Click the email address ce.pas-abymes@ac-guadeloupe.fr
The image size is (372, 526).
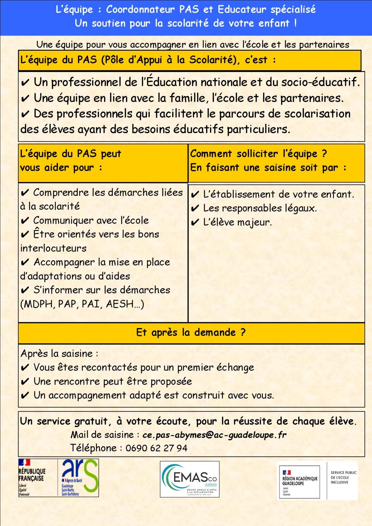[214, 435]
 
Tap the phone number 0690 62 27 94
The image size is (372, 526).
[156, 448]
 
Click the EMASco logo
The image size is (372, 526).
[190, 479]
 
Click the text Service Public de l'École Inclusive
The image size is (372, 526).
[343, 477]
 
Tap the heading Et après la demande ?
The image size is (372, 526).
[191, 333]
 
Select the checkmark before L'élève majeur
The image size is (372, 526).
[195, 223]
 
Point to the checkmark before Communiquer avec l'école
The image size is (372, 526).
[25, 221]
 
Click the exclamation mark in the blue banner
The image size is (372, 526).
[295, 23]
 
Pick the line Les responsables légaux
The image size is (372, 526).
[260, 208]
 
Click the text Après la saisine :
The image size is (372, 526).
[59, 353]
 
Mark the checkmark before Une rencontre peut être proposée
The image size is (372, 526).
[25, 382]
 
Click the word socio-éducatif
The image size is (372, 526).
[320, 82]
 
